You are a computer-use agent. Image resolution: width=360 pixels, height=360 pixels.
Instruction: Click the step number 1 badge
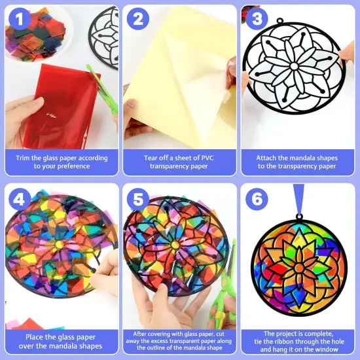click(20, 20)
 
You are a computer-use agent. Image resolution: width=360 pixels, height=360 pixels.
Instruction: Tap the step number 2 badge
click(137, 20)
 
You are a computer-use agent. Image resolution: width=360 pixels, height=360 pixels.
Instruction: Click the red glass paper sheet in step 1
click(62, 105)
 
